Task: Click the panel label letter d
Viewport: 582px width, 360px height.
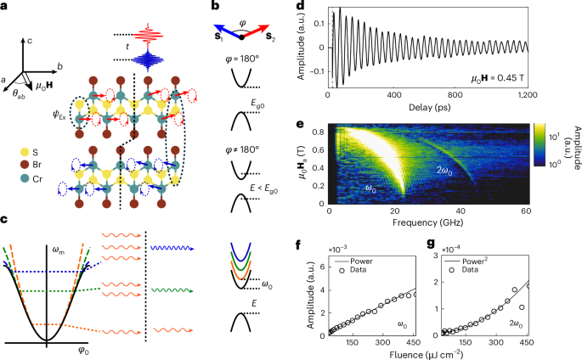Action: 299,8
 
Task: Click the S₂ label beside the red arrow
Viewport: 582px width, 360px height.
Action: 273,39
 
